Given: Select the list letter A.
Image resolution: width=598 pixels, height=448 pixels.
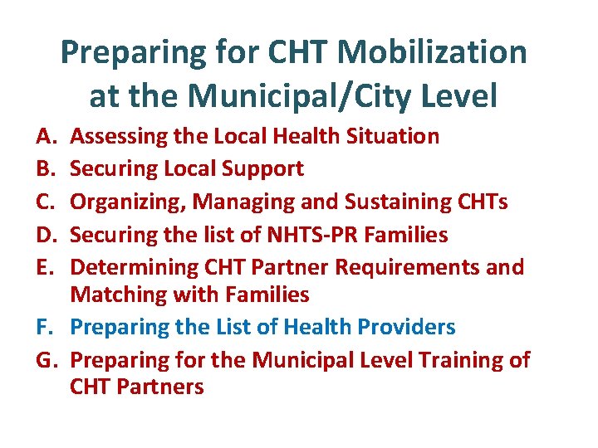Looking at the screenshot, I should [x=42, y=136].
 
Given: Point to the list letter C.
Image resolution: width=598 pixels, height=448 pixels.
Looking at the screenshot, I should [x=42, y=202].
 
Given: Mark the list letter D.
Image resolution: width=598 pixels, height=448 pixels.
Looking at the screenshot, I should [x=42, y=235].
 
